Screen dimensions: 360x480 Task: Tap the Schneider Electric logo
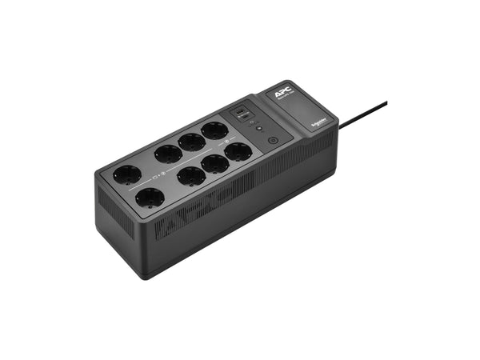click(318, 116)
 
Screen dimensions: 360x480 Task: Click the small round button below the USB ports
click(258, 127)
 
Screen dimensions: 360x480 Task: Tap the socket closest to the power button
click(238, 151)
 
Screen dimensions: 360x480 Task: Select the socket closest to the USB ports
click(214, 130)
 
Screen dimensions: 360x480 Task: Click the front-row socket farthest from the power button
click(150, 197)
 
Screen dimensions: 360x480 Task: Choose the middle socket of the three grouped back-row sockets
click(192, 142)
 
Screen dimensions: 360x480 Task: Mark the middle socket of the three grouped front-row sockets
click(214, 162)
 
